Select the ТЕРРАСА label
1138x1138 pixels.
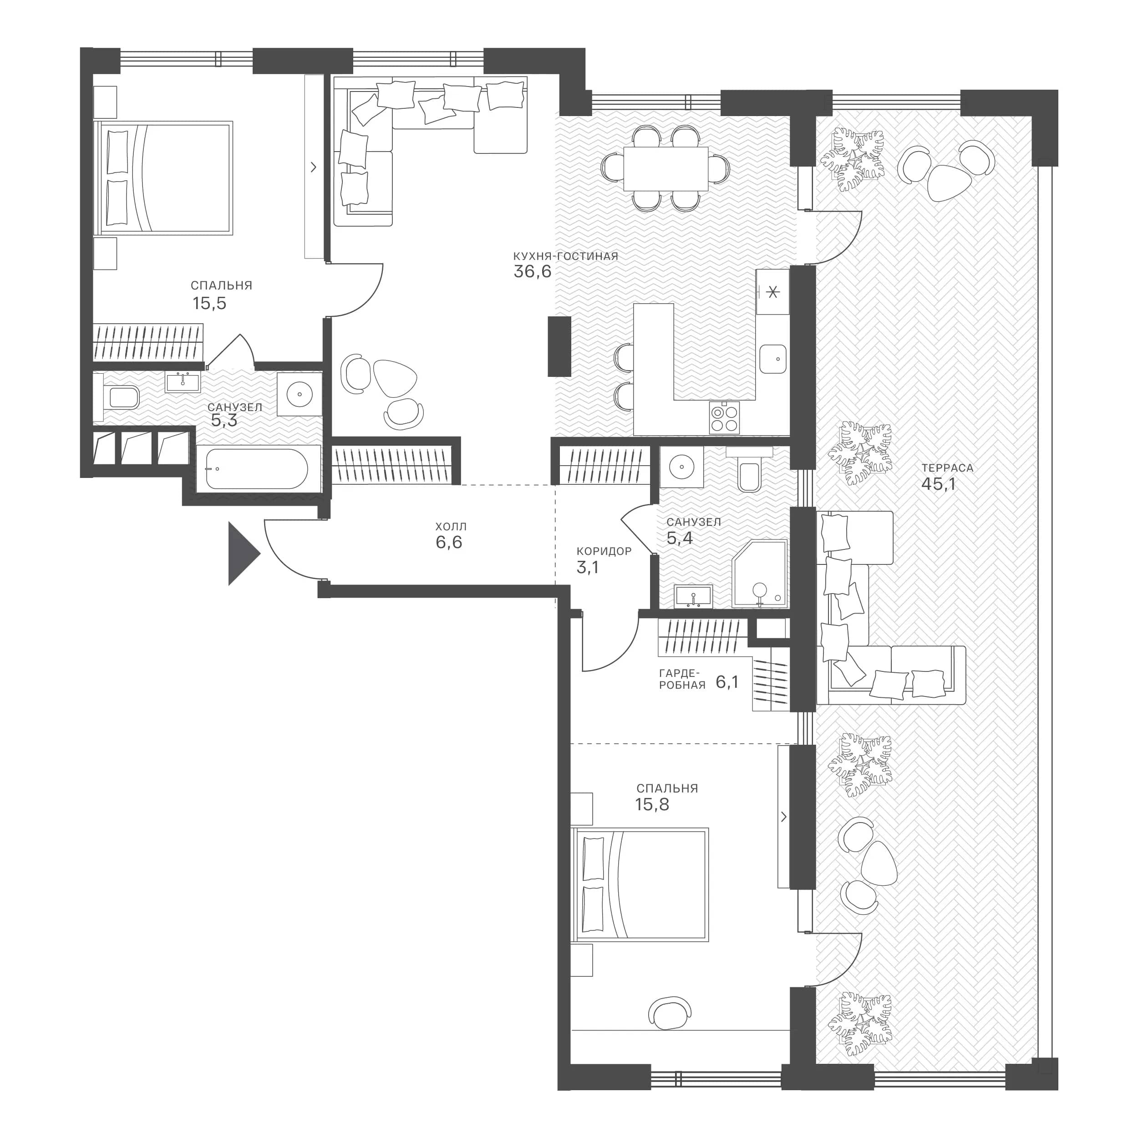[x=947, y=468]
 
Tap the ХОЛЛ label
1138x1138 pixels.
[x=451, y=527]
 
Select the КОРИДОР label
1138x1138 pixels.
[x=604, y=551]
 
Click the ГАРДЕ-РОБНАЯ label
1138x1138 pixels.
[x=682, y=679]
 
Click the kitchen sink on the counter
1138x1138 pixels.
[x=773, y=359]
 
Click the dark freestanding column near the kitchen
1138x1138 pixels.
[x=559, y=346]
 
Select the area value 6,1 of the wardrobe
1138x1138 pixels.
[x=727, y=682]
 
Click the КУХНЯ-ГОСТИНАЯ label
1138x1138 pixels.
[x=565, y=256]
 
